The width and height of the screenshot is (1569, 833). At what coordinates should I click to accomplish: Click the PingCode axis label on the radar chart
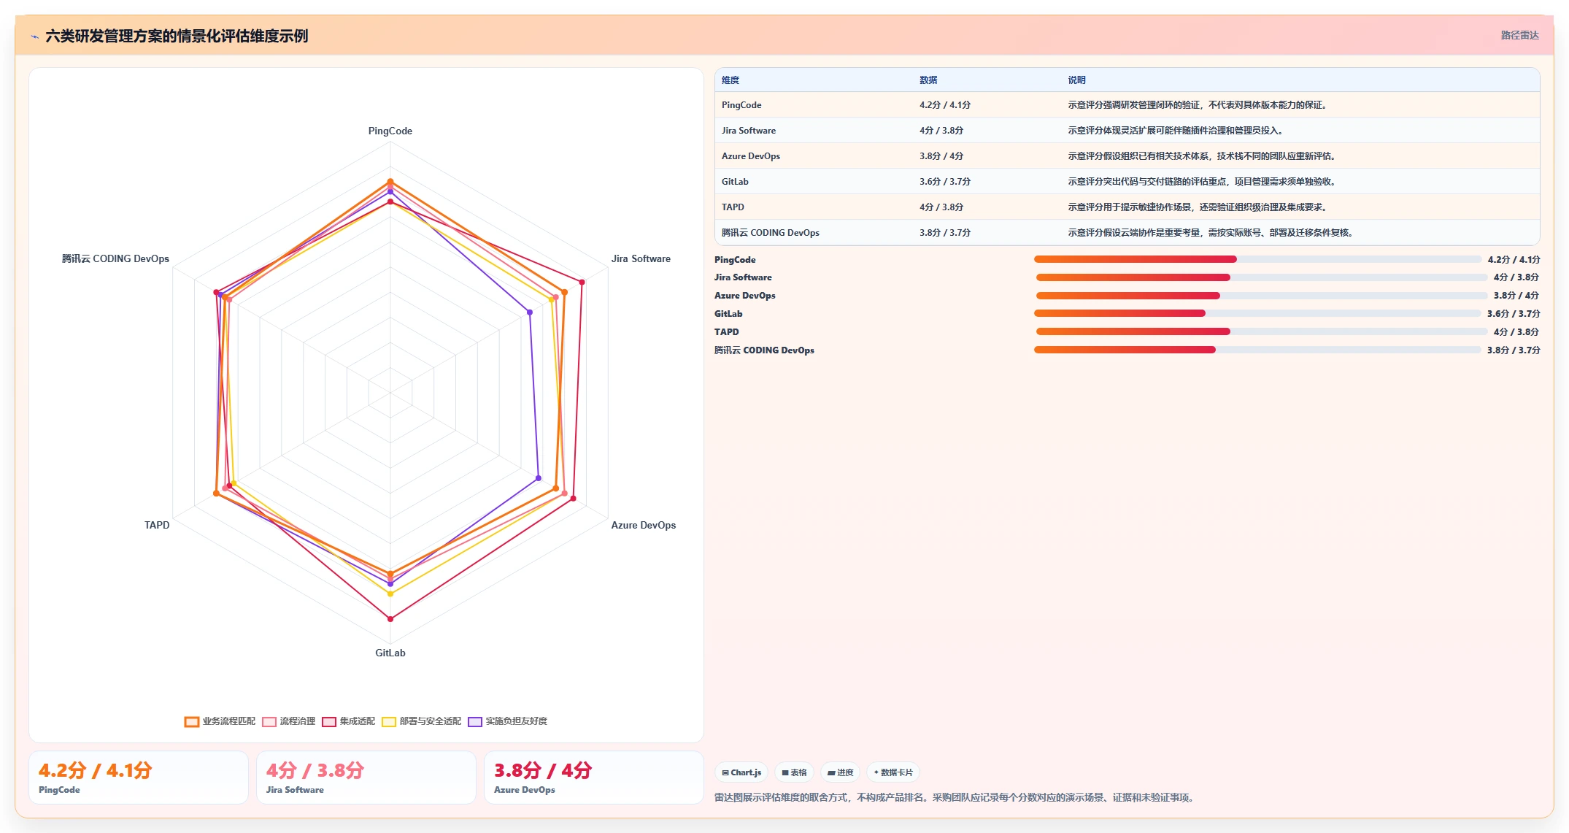pos(390,131)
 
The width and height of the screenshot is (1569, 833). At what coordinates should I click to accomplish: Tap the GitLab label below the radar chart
pos(390,653)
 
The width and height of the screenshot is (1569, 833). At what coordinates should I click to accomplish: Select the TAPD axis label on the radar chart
pos(157,525)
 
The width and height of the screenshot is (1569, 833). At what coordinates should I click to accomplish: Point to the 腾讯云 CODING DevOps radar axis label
pos(115,258)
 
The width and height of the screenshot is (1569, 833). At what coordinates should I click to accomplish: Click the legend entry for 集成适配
pos(349,721)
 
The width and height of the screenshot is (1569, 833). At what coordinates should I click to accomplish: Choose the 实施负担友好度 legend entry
pos(508,721)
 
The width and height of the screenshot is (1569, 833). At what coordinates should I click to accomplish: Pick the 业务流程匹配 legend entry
pos(220,721)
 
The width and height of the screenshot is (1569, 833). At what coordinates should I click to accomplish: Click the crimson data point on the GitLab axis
pos(390,619)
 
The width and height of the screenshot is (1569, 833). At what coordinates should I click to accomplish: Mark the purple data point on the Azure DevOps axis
pos(539,479)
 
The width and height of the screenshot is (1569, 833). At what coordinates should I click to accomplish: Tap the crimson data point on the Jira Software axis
pos(582,282)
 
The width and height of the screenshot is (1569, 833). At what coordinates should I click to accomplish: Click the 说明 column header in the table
pos(1076,80)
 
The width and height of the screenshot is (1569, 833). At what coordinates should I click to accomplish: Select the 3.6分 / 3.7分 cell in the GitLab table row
pos(945,182)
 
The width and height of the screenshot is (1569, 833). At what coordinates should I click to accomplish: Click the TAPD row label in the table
pos(733,207)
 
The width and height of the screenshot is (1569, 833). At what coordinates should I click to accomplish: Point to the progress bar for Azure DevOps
pos(1261,296)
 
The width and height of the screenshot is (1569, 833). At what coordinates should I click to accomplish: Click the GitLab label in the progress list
pos(728,314)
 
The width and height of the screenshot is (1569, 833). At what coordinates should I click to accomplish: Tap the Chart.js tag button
pos(741,772)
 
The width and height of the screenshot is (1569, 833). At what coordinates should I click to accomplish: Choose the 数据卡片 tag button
pos(893,772)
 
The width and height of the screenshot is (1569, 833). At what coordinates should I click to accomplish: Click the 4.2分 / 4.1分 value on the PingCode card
pos(96,770)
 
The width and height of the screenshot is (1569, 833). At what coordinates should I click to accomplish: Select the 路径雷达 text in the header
pos(1519,35)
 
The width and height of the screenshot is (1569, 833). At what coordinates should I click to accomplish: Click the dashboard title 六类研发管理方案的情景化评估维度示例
pos(177,36)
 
